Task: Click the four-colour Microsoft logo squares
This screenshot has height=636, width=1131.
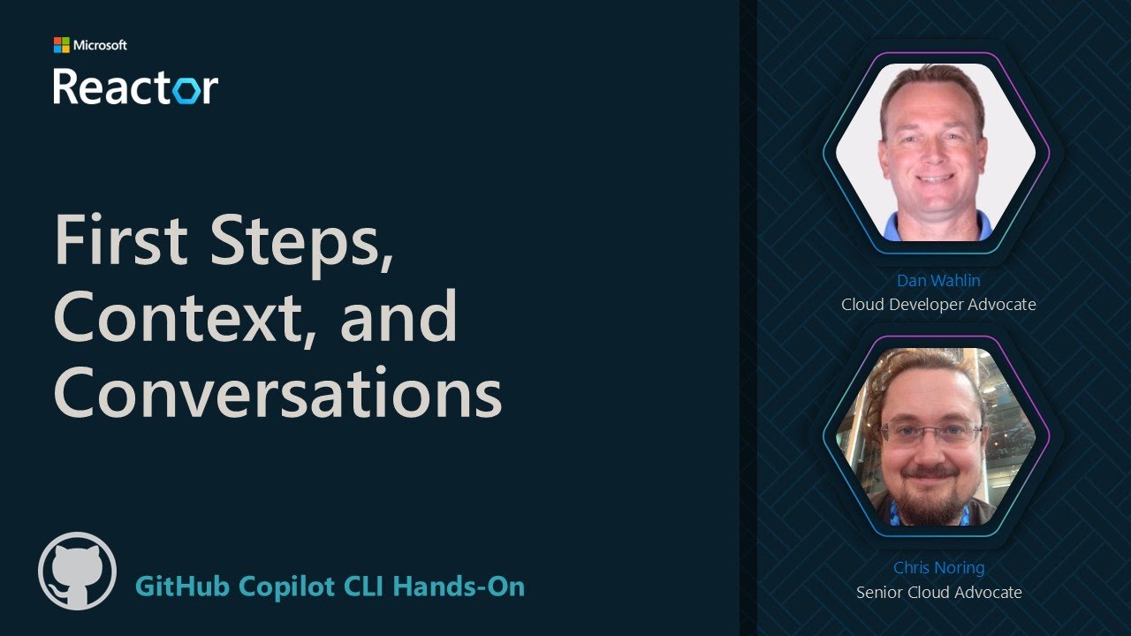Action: (61, 45)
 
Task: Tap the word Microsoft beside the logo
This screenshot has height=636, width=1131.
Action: (100, 45)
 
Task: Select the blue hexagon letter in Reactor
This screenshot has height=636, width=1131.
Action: (185, 88)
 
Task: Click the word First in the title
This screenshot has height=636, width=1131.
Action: (119, 241)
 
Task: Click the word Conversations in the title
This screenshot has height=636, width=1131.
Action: (277, 391)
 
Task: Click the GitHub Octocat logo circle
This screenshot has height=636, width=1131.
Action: (78, 571)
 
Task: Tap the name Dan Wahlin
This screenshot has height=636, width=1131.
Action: (938, 281)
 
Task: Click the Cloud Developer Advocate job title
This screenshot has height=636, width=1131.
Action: (938, 305)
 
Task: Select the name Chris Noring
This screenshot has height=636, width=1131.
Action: (938, 568)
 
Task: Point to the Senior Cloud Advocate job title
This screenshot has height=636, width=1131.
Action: (938, 592)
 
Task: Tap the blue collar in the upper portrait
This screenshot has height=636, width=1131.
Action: (937, 227)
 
